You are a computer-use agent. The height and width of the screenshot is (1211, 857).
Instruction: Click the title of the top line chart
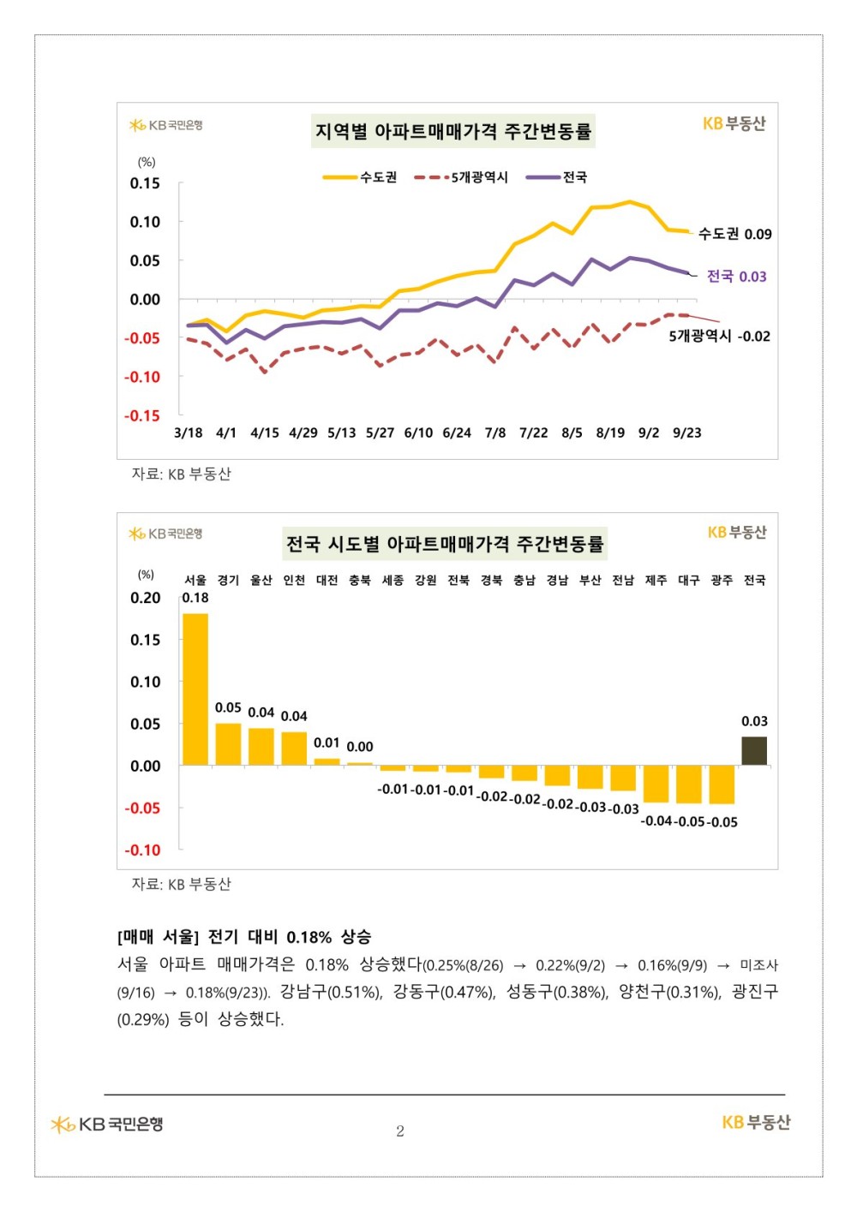[452, 132]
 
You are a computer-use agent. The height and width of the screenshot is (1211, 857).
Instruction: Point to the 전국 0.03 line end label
[736, 277]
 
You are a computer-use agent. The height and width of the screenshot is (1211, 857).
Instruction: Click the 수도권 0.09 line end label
[734, 234]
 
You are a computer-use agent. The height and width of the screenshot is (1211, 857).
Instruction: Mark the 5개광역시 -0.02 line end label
[719, 337]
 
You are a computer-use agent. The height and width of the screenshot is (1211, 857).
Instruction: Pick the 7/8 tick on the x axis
[495, 433]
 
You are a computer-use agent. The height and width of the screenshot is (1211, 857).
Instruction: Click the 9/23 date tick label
[686, 433]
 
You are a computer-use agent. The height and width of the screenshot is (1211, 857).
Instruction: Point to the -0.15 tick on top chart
[142, 416]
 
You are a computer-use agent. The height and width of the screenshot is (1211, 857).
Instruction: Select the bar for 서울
[195, 689]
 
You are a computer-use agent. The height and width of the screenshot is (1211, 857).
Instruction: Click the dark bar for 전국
[754, 750]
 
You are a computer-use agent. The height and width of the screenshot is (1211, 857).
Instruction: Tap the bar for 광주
[722, 784]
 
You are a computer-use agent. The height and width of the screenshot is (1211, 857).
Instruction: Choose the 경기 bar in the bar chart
[228, 743]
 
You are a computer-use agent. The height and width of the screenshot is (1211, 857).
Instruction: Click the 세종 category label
[393, 581]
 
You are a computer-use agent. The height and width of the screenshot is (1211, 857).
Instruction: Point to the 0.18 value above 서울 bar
[195, 598]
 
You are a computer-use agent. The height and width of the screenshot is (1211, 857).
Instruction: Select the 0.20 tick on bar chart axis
[146, 598]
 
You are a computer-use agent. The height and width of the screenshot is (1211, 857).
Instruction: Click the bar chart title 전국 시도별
[445, 544]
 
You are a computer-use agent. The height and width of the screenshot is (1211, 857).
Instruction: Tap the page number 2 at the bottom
[400, 1131]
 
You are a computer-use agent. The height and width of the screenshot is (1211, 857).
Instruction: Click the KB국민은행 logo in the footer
[107, 1124]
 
